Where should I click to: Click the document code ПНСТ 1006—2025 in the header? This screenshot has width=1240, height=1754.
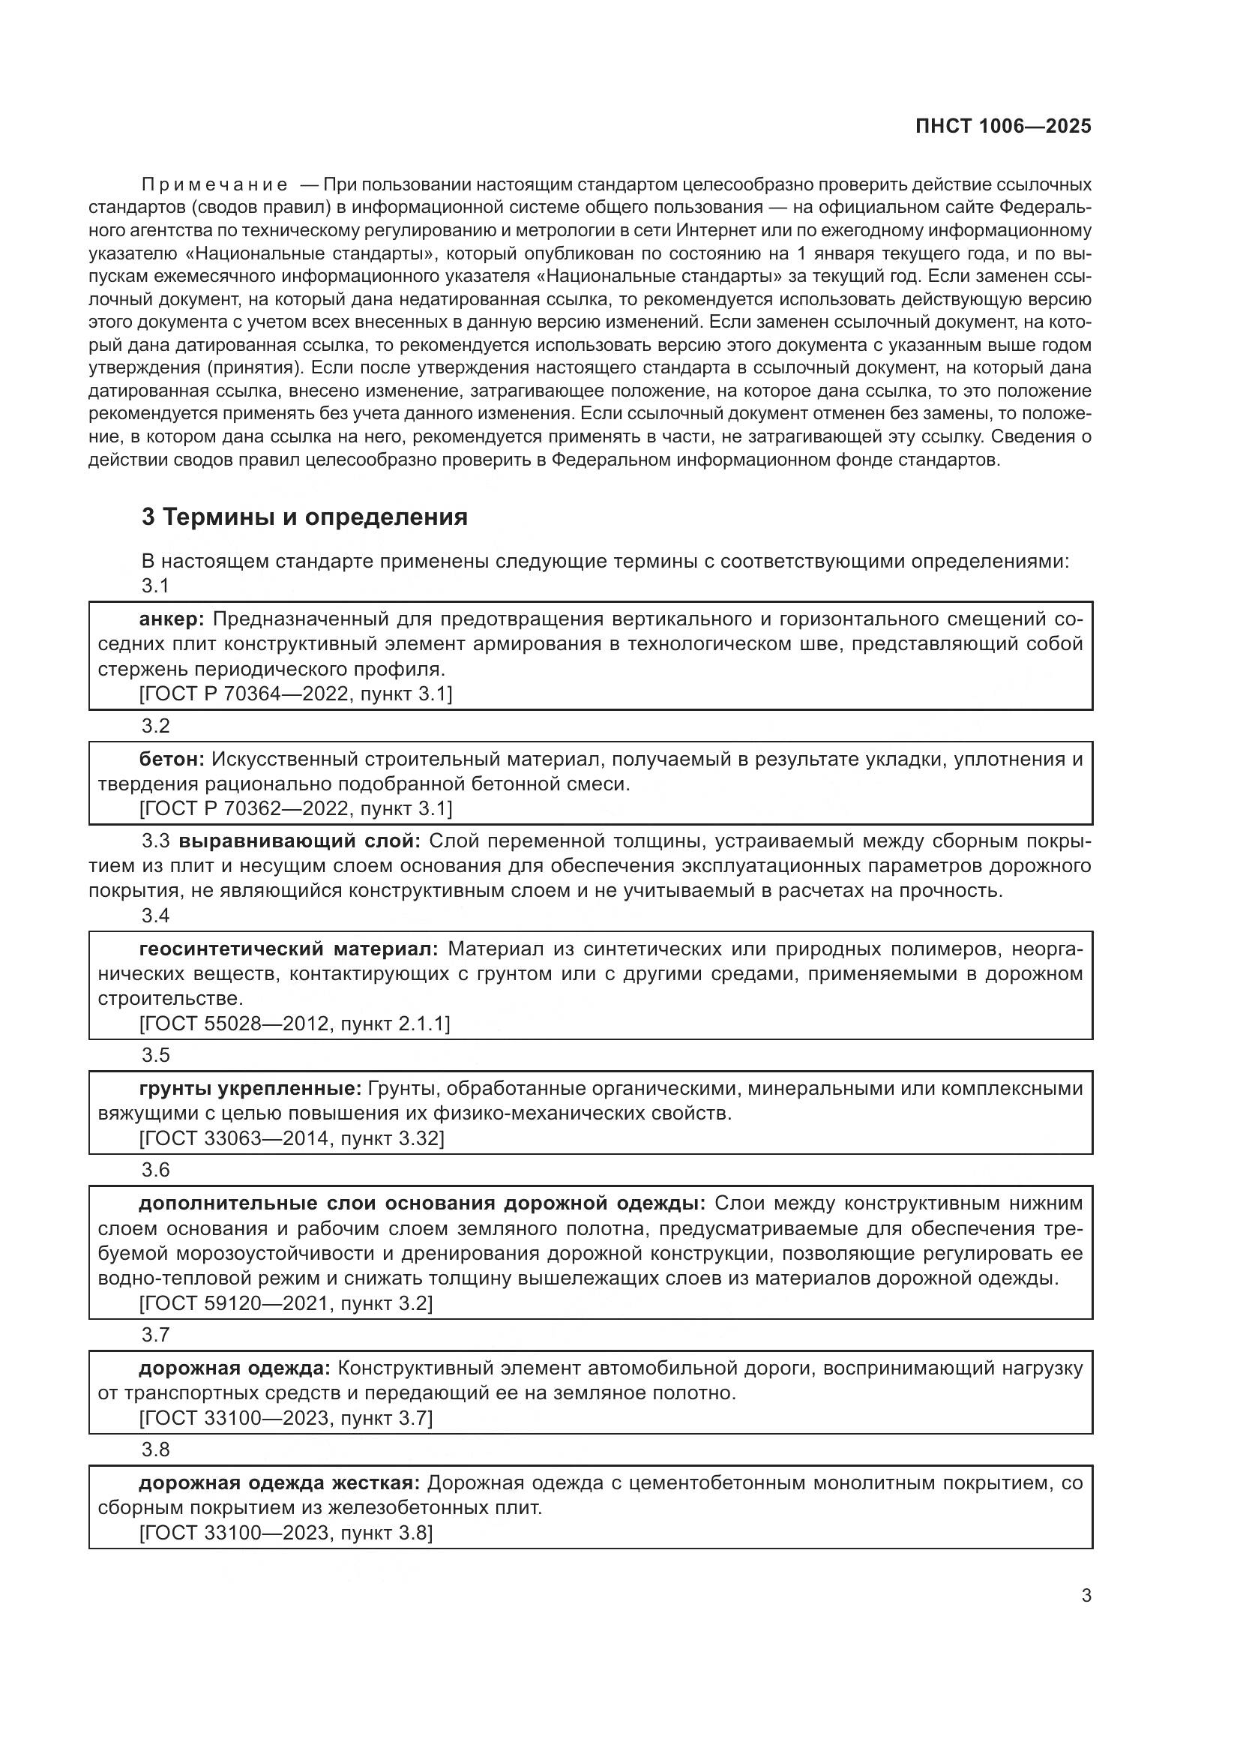click(1002, 126)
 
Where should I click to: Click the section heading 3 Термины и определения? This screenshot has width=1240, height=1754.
click(304, 517)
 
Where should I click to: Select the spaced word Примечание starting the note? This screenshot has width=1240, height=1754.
click(214, 185)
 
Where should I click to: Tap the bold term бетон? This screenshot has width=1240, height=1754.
click(171, 760)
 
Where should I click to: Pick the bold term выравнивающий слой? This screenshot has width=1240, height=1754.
click(299, 841)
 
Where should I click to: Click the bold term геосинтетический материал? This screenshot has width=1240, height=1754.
click(289, 949)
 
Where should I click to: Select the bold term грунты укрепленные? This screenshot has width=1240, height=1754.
click(250, 1089)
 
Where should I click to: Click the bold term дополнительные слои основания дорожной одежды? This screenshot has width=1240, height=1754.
click(421, 1204)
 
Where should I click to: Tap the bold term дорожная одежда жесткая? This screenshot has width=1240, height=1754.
click(279, 1483)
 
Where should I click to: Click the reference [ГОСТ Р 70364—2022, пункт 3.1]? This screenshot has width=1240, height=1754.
click(295, 694)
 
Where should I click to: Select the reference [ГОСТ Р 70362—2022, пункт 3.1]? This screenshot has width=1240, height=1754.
click(295, 808)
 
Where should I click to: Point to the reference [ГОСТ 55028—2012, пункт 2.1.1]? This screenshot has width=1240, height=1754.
click(294, 1024)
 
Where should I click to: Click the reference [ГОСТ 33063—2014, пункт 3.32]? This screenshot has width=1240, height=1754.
click(291, 1138)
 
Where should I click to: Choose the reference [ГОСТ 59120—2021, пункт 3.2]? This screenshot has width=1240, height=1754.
click(286, 1303)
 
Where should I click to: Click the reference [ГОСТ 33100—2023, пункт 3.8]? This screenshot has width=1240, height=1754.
click(286, 1533)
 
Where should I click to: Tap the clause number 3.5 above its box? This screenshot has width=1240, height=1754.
click(155, 1056)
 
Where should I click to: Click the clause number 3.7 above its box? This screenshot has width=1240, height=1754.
click(155, 1336)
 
